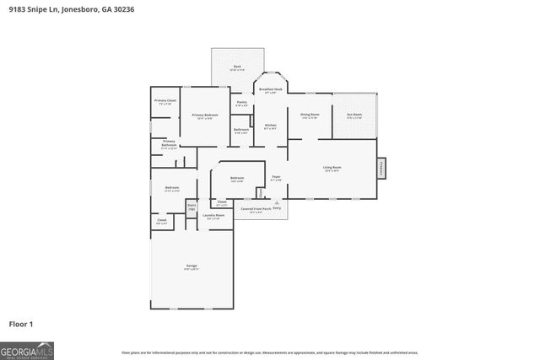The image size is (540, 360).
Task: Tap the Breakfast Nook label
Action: click(x=270, y=90)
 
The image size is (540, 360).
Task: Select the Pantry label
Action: click(x=241, y=104)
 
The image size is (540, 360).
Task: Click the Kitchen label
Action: click(x=270, y=126)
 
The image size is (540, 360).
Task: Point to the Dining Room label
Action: click(x=310, y=116)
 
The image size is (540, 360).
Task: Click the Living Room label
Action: click(x=332, y=169)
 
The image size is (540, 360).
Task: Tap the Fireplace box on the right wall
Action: click(x=381, y=168)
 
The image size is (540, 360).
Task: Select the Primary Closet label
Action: click(x=165, y=102)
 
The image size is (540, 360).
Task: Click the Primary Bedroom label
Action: click(x=205, y=116)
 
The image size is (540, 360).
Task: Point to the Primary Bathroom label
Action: click(x=169, y=144)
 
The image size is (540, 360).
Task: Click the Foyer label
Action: click(x=275, y=178)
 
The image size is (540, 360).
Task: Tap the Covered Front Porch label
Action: click(x=256, y=210)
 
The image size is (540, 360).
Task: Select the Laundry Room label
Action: click(x=213, y=217)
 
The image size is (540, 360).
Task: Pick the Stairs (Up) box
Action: click(x=192, y=207)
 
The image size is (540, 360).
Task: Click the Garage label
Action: click(x=192, y=267)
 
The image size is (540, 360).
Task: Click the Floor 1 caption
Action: click(x=22, y=324)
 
